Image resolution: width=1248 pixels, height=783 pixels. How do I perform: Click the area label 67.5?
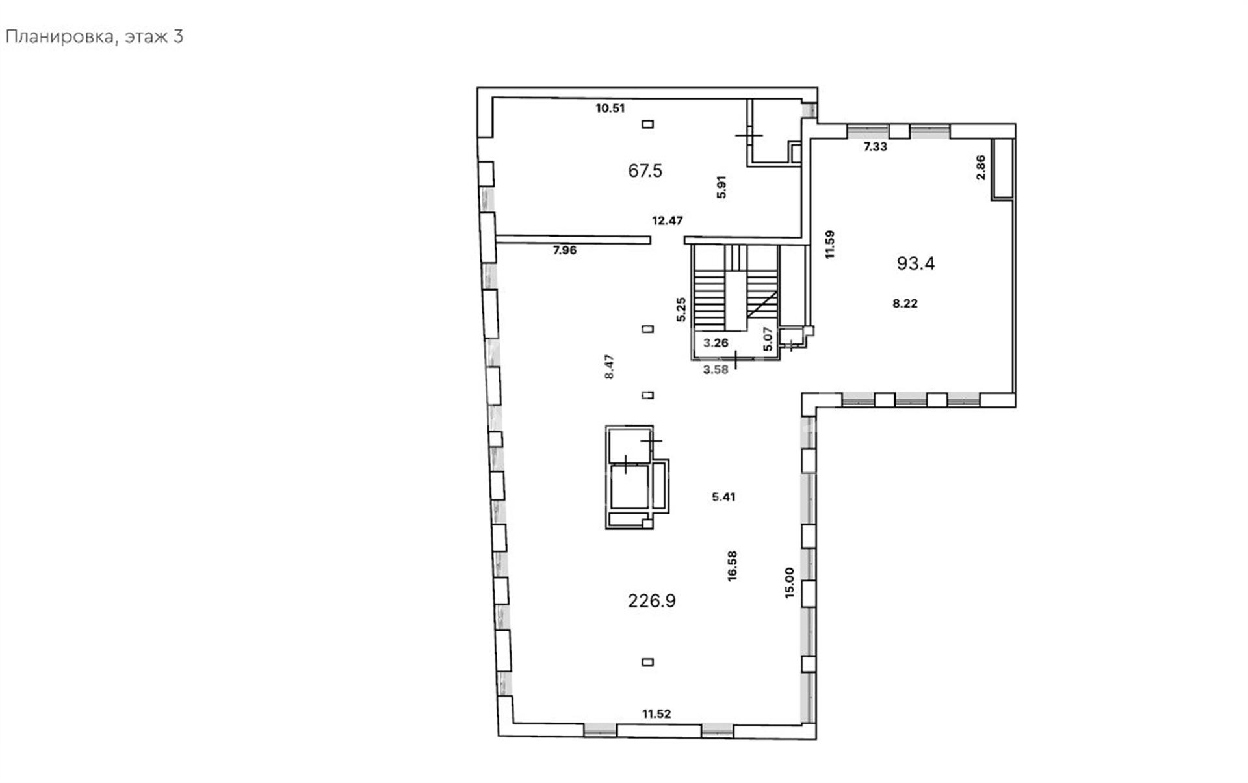pyautogui.click(x=645, y=170)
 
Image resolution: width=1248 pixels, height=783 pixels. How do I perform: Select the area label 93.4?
pyautogui.click(x=916, y=263)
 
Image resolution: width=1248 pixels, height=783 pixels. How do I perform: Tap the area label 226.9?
pyautogui.click(x=652, y=601)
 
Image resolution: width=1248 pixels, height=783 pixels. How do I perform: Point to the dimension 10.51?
pyautogui.click(x=610, y=108)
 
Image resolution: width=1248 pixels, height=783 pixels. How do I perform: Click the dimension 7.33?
pyautogui.click(x=875, y=146)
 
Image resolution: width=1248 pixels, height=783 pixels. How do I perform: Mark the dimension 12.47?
pyautogui.click(x=668, y=220)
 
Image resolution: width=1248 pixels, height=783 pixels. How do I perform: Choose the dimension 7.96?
pyautogui.click(x=565, y=250)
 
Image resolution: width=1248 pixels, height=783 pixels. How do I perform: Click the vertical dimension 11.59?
pyautogui.click(x=829, y=245)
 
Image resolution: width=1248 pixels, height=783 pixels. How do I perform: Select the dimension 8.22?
pyautogui.click(x=905, y=303)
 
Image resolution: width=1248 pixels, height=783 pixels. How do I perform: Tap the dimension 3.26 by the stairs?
pyautogui.click(x=716, y=343)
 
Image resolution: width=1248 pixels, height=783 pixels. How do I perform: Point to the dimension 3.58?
pyautogui.click(x=716, y=370)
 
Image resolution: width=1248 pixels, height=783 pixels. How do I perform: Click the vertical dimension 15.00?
pyautogui.click(x=790, y=583)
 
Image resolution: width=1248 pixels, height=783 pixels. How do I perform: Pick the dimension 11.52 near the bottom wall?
pyautogui.click(x=656, y=713)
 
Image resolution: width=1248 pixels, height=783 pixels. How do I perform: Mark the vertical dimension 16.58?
pyautogui.click(x=733, y=566)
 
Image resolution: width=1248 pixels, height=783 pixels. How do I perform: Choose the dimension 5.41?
pyautogui.click(x=723, y=497)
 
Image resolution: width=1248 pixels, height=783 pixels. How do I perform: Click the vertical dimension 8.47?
pyautogui.click(x=610, y=367)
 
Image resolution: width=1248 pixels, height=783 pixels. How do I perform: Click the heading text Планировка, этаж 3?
pyautogui.click(x=94, y=37)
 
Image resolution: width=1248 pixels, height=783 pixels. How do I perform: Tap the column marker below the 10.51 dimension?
pyautogui.click(x=647, y=124)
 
